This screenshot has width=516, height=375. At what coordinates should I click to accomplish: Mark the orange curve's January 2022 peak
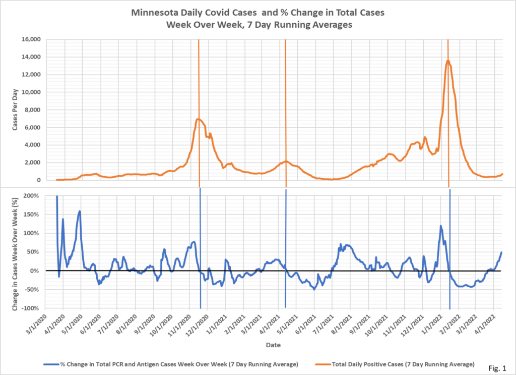448,61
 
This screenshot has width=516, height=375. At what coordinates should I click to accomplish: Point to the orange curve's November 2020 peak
199,119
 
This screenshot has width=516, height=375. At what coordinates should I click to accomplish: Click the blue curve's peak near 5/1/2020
80,211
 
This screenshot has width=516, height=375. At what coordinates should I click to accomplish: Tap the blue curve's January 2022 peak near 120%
441,226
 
